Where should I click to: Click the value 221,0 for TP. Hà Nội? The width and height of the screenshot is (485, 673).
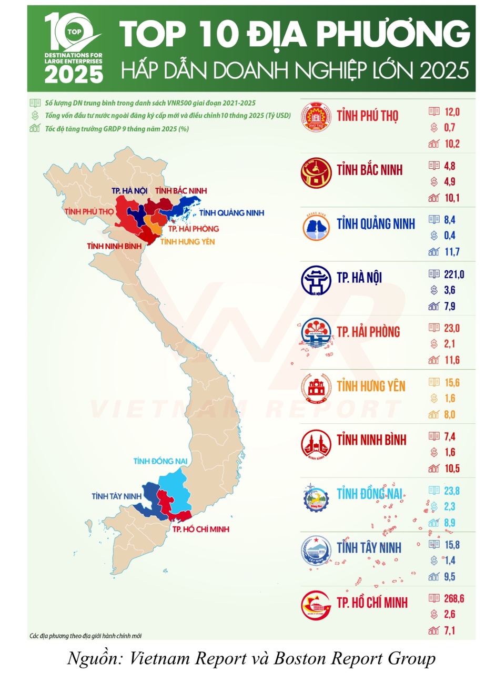452,273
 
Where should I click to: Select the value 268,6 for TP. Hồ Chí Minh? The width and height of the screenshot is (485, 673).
454,598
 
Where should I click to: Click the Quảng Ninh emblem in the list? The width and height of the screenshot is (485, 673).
316,225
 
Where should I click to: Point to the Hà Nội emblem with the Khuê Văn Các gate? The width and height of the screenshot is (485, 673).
316,280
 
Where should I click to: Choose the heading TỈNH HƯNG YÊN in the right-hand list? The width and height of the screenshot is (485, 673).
371,386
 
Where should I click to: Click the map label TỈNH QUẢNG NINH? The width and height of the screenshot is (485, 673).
231,213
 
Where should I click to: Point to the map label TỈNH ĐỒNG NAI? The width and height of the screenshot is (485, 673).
160,461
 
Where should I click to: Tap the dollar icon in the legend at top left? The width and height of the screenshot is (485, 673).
35,116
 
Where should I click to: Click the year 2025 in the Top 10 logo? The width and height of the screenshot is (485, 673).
74,74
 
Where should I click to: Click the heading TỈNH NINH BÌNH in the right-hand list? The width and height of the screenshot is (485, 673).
371,440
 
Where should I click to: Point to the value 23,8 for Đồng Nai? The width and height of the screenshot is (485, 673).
451,490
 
